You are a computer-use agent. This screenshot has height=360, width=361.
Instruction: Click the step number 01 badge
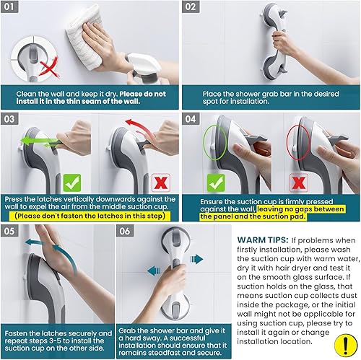(13, 9)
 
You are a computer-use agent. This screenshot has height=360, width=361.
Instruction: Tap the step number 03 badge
(13, 118)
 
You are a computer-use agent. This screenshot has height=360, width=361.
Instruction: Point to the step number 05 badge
(13, 232)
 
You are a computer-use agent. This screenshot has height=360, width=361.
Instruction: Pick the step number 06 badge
(126, 232)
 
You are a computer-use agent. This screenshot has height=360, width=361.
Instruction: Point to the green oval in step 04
(211, 142)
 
